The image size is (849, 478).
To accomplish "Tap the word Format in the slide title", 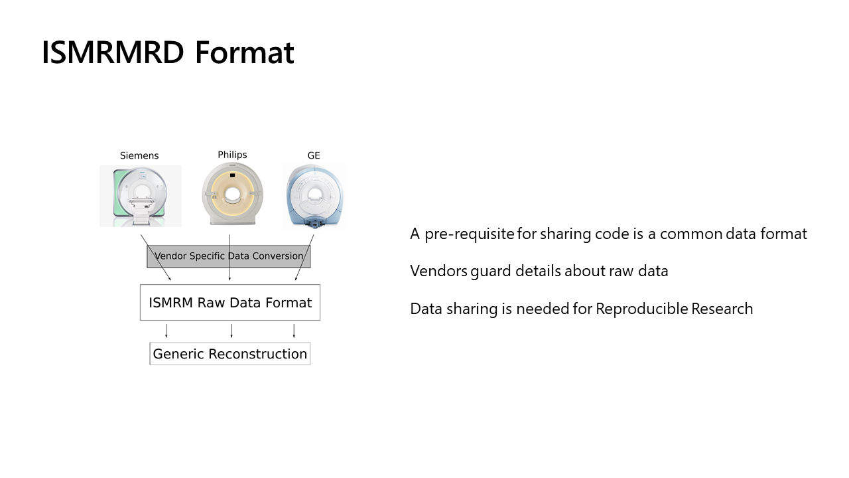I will pos(244,52).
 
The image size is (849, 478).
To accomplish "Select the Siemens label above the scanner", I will pos(139,155).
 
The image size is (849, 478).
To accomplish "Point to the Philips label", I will pos(232,155).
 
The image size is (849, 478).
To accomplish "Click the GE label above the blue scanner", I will pos(314,155).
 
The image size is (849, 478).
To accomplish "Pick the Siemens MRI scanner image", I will pos(140,196).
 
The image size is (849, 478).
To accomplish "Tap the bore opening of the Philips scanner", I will pos(232,195).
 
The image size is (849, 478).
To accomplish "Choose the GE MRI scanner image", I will pos(314,197).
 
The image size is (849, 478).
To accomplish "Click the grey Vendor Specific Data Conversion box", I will pos(229,256).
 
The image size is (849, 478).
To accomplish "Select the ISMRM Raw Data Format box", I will pos(230,303).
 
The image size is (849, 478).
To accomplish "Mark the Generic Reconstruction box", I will pos(230,354).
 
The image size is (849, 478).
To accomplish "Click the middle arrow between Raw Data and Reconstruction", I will pos(231,331).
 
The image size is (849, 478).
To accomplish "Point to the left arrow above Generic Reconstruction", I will pos(166,331).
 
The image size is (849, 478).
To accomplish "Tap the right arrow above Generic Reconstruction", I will pos(294,331).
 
